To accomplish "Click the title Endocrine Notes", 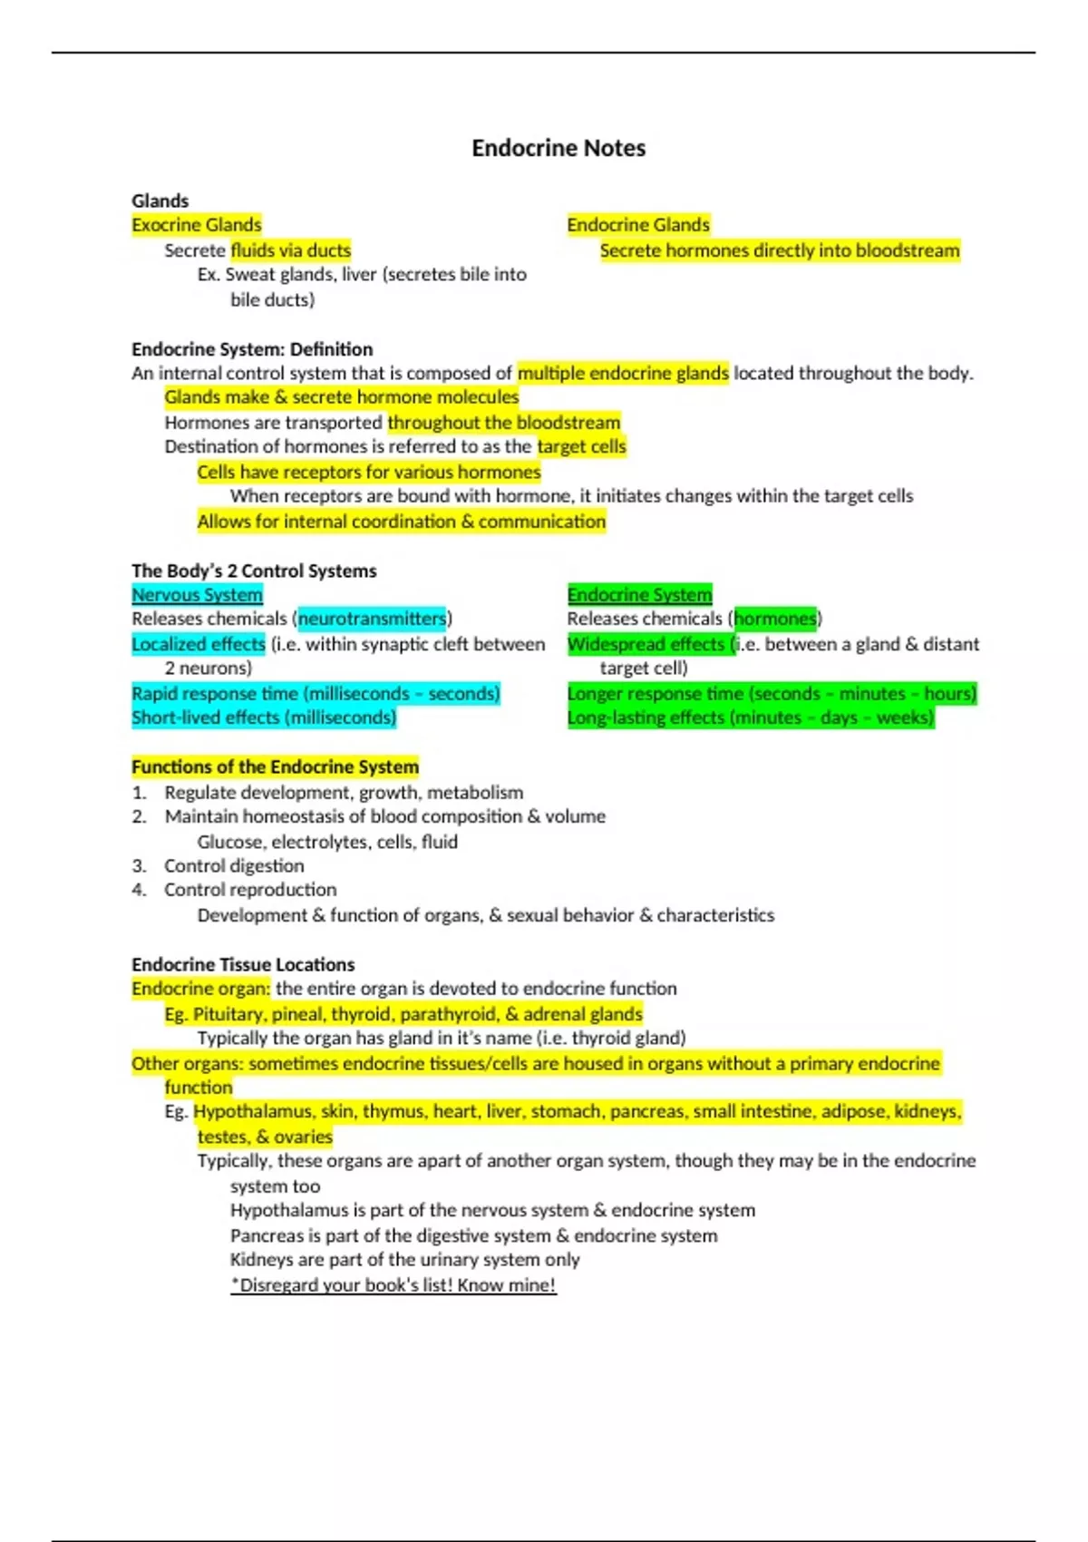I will pos(559,148).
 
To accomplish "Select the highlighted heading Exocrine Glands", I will pos(197,225).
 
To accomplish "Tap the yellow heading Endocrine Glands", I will pos(638,225).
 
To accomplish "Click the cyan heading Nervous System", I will pos(197,595).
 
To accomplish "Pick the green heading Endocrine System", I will pos(639,595).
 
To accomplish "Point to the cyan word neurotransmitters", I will pos(372,619).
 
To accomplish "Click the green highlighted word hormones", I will pos(775,619).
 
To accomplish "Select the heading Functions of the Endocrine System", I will pos(275,767).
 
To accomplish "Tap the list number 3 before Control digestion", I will pos(139,866).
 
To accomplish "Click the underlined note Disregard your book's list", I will pos(393,1285).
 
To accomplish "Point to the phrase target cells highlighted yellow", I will pos(581,446).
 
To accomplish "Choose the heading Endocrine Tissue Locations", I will pos(243,964).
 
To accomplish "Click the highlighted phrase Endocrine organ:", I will pos(200,989).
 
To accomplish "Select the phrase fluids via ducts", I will pos(290,250).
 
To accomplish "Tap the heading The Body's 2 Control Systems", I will pos(254,571).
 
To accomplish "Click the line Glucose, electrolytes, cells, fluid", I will pos(327,842).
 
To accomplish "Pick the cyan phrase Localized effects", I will pos(199,644).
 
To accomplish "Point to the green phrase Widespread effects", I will pos(648,644).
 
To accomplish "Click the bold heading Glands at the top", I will pos(160,200).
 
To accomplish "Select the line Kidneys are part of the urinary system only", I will pos(404,1260).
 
